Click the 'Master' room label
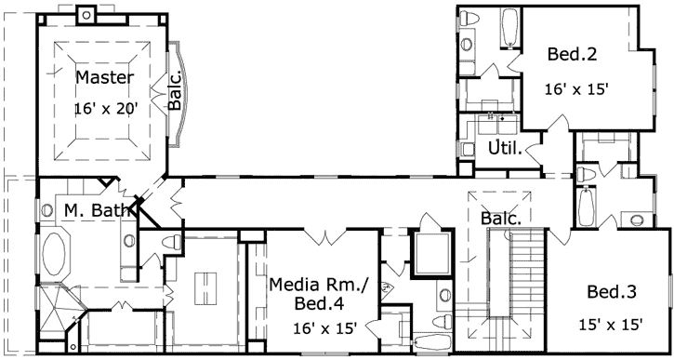pos(104,77)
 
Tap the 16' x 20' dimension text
pos(106,109)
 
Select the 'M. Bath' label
pos(96,211)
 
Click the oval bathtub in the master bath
pos(55,254)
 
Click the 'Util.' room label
pos(504,149)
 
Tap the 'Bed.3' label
pos(611,292)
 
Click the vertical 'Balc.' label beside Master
pos(175,93)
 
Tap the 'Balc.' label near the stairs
pos(499,218)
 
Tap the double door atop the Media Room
pos(323,236)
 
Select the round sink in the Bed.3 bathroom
pos(636,220)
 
